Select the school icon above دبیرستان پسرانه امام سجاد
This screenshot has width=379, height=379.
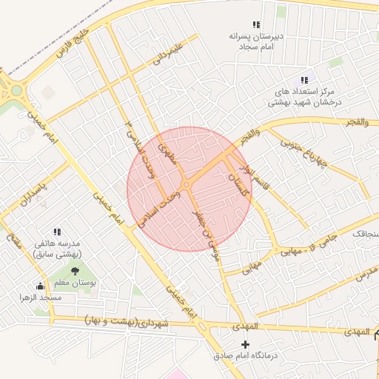[x=256, y=24]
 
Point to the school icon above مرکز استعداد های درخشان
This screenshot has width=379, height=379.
[x=303, y=80]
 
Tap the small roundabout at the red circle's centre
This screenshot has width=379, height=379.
[x=187, y=184]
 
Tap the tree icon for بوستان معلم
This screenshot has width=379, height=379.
[x=75, y=271]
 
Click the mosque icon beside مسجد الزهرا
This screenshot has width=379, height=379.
[x=40, y=286]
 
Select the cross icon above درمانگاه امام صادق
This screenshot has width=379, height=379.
[x=246, y=344]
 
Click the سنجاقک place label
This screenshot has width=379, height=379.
[x=365, y=233]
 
